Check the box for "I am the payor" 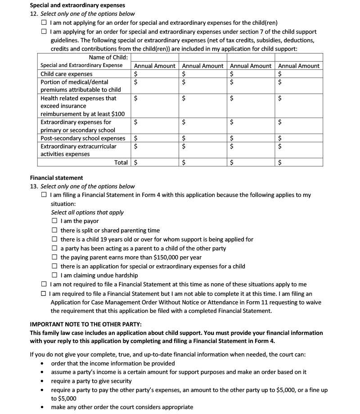coord(54,221)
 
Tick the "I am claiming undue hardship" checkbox coord(54,275)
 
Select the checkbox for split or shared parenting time coord(54,230)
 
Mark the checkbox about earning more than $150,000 coord(54,257)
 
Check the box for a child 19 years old coord(54,239)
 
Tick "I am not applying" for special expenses coord(44,22)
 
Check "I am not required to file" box coord(44,284)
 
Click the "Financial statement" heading coord(56,178)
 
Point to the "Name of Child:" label coord(108,57)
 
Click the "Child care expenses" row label coord(67,74)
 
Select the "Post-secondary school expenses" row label coord(83,138)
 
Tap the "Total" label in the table coord(121,162)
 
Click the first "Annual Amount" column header coord(155,66)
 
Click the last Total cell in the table coord(299,162)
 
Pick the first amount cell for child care coord(155,74)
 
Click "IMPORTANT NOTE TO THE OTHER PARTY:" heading coord(91,324)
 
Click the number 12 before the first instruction coord(33,14)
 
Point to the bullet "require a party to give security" coord(91,381)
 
